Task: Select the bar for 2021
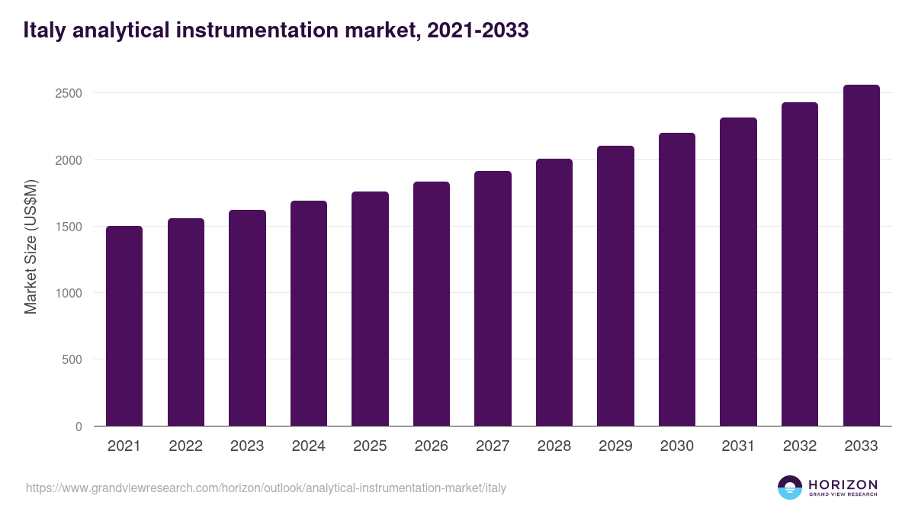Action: point(124,326)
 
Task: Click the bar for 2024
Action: point(309,314)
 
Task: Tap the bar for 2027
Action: point(493,298)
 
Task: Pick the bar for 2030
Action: point(677,279)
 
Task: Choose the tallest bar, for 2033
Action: point(861,256)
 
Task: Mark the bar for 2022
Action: point(186,322)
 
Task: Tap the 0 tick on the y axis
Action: point(79,426)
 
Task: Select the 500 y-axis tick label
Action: point(72,360)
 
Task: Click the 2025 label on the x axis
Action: point(370,446)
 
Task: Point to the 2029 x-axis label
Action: point(615,446)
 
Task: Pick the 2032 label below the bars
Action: point(800,446)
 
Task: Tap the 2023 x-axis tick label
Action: point(247,446)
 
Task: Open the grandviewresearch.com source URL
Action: point(266,488)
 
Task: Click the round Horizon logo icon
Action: point(790,488)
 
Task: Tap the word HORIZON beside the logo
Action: point(843,484)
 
